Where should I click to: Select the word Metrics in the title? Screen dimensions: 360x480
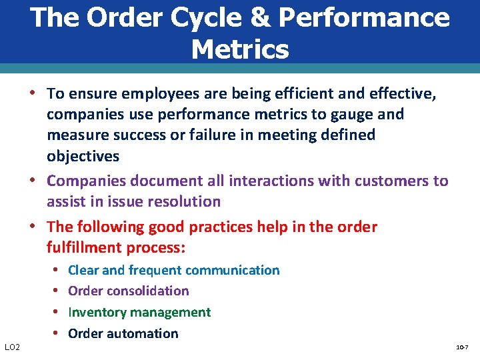coord(240,49)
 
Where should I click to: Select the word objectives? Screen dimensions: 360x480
coord(83,157)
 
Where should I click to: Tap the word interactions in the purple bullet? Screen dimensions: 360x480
coord(272,181)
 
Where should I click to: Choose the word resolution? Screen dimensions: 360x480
coord(186,201)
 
